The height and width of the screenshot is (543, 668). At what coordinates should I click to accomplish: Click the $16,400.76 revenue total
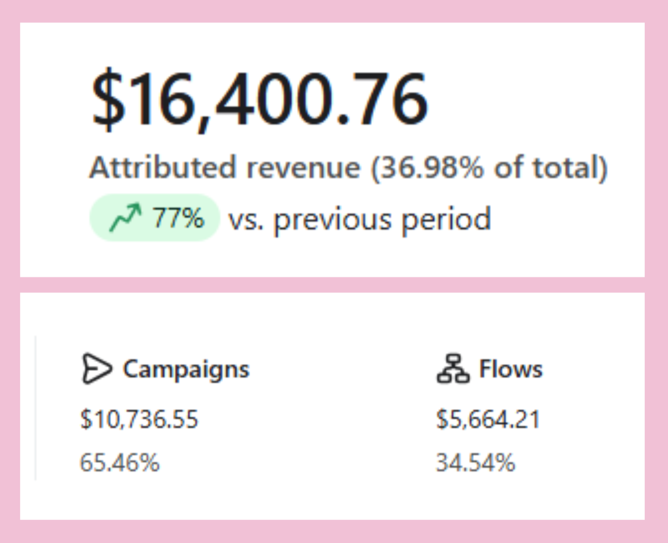click(x=260, y=99)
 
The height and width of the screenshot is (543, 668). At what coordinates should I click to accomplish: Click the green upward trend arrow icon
click(x=125, y=218)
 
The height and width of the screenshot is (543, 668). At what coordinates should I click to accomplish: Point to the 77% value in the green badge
click(x=178, y=218)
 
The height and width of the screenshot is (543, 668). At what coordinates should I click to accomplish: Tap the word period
click(x=446, y=219)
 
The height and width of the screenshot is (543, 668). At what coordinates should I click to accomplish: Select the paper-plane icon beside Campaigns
click(x=96, y=368)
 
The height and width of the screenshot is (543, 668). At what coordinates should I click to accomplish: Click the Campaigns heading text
click(x=186, y=369)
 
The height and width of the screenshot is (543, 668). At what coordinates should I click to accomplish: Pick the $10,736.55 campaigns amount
click(x=139, y=419)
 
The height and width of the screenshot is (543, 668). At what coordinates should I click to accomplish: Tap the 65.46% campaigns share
click(x=120, y=462)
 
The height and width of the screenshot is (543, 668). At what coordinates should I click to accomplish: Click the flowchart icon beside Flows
click(x=453, y=368)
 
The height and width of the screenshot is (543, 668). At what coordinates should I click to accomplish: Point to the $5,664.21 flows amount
click(x=488, y=419)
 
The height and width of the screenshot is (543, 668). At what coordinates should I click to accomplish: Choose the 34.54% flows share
click(x=475, y=462)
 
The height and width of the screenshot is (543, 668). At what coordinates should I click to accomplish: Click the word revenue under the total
click(x=303, y=167)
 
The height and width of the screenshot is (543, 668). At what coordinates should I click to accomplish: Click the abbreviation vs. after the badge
click(x=245, y=219)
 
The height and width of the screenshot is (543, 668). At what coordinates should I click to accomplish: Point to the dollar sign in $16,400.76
click(x=108, y=99)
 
